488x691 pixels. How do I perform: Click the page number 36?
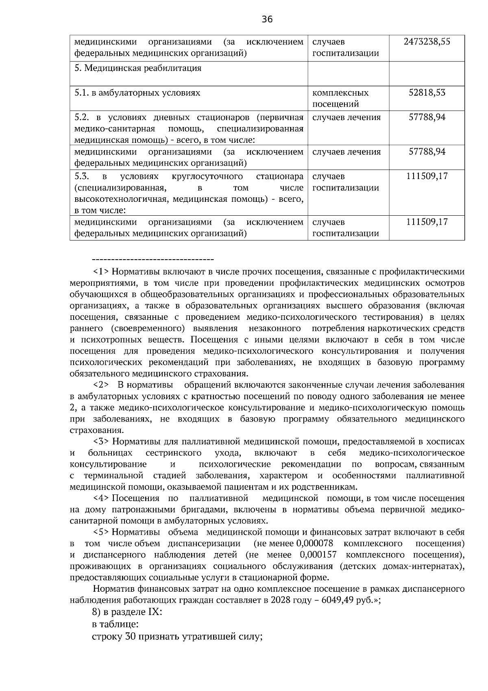point(267,19)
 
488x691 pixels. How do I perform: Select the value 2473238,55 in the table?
point(427,42)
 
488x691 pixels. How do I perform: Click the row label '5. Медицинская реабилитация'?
point(138,68)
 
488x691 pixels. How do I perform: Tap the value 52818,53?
point(427,93)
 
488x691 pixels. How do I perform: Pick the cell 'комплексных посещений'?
point(340,98)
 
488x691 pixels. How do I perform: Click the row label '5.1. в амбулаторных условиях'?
point(137,93)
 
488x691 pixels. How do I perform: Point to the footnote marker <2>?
point(100,385)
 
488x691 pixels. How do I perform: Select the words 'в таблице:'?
point(115,624)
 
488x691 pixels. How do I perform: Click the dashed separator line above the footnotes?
point(153,259)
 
